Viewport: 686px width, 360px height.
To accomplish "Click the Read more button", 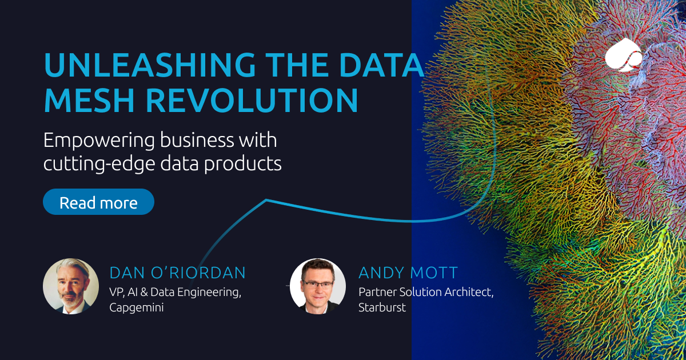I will pyautogui.click(x=98, y=202).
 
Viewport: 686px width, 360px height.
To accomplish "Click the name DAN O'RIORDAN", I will pyautogui.click(x=177, y=273).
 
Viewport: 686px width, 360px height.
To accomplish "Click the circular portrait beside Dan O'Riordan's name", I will pyautogui.click(x=71, y=286).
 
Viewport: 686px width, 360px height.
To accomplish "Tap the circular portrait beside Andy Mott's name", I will pyautogui.click(x=317, y=286).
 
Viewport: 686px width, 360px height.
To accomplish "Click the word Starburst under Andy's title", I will pyautogui.click(x=382, y=307).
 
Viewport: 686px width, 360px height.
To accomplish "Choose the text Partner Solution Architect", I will pyautogui.click(x=425, y=291).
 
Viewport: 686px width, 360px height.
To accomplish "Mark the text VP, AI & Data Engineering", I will pyautogui.click(x=175, y=291).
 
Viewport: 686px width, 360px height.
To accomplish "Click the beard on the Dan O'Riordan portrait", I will pyautogui.click(x=70, y=298).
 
